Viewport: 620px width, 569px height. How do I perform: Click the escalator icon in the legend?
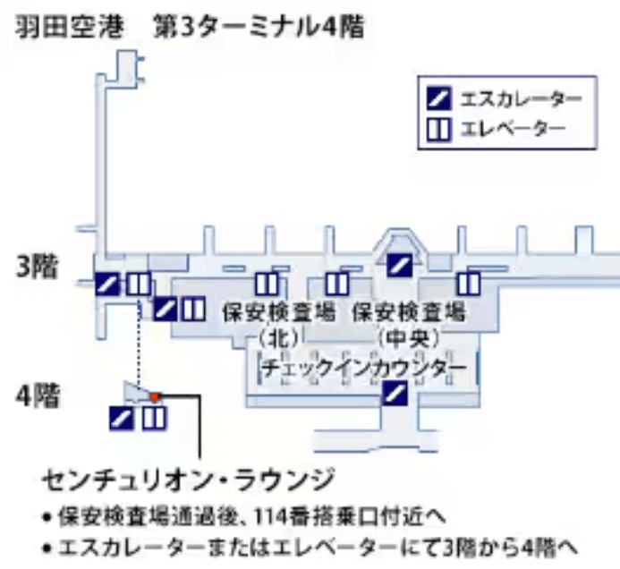pos(441,97)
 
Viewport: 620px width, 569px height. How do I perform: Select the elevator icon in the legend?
pos(441,127)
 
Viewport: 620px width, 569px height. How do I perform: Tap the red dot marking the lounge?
pos(154,395)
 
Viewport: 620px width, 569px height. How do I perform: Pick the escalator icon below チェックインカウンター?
pos(395,392)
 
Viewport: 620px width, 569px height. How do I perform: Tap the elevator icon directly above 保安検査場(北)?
pos(267,284)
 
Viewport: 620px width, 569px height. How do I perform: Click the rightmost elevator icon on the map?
pos(468,284)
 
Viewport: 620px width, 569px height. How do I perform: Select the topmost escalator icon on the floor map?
pos(399,264)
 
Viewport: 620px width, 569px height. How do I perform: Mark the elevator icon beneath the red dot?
pos(154,418)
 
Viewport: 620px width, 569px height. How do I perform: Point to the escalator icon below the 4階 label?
pos(122,418)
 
